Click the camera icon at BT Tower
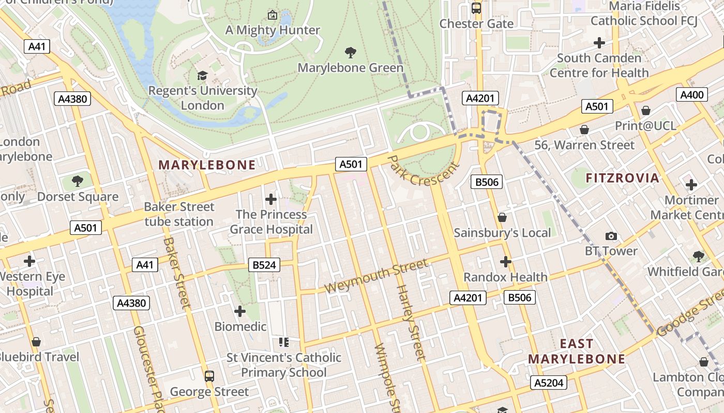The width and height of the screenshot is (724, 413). (x=611, y=236)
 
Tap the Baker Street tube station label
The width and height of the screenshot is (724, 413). (x=179, y=214)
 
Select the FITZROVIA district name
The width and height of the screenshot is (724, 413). (x=622, y=178)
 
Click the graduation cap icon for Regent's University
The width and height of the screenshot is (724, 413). (x=202, y=76)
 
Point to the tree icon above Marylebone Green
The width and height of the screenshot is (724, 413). (x=351, y=52)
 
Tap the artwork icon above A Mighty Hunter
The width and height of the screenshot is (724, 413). (x=273, y=15)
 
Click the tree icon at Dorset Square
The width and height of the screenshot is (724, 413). (x=78, y=181)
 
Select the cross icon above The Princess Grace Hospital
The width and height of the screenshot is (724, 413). (x=271, y=199)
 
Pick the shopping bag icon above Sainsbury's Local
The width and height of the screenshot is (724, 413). (x=502, y=218)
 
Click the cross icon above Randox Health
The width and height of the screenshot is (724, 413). (x=505, y=262)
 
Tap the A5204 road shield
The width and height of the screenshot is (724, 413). (x=548, y=383)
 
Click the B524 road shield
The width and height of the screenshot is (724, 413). (x=264, y=265)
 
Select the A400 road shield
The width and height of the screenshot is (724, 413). (x=691, y=94)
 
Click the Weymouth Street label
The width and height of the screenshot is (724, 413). (x=376, y=276)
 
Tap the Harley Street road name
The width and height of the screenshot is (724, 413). (x=411, y=322)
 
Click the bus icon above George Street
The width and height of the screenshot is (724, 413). (x=209, y=376)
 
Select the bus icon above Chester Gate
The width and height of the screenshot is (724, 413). (x=476, y=8)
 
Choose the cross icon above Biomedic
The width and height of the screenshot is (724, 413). (x=239, y=311)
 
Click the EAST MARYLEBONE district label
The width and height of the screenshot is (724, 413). (x=577, y=351)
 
